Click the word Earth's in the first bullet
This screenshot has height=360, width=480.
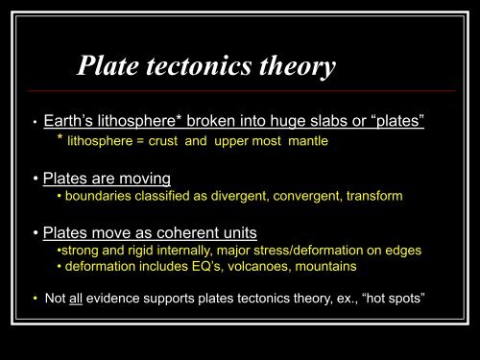click(x=69, y=123)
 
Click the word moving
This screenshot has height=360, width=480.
click(x=144, y=178)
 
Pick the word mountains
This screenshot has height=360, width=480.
click(x=323, y=266)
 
